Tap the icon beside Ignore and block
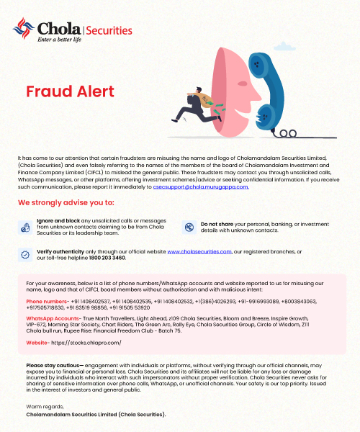point(24,228)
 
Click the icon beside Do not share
point(189,228)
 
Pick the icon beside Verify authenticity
point(24,254)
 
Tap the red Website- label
point(39,343)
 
